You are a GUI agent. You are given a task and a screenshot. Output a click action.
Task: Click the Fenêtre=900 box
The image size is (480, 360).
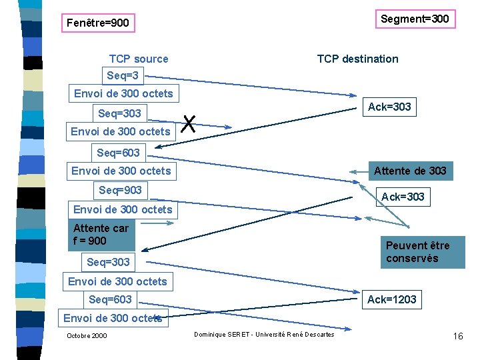[x=98, y=23]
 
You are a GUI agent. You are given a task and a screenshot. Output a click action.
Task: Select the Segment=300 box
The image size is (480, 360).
[x=415, y=19]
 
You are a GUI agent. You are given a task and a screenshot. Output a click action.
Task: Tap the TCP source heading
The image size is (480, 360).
[x=139, y=59]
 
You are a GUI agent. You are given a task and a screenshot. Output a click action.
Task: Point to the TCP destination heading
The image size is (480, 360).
[x=357, y=59]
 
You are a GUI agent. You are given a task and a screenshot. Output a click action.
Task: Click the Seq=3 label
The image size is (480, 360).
[x=122, y=75]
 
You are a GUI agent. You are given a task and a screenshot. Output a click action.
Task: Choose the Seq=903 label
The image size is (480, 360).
[x=120, y=190]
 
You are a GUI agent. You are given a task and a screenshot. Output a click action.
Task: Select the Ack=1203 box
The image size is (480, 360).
[x=391, y=299]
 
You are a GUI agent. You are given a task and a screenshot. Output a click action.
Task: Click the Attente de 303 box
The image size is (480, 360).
[x=410, y=171]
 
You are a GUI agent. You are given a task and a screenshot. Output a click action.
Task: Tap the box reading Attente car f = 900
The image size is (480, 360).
[x=101, y=234]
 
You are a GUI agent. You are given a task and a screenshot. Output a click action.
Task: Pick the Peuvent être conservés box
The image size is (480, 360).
[x=422, y=251]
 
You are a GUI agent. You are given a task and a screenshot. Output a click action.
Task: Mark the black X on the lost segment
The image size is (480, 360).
[x=189, y=123]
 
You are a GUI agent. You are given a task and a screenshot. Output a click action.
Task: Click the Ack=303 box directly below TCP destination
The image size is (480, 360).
[x=389, y=107]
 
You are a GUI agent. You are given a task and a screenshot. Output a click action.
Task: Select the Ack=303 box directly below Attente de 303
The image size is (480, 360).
[x=403, y=197]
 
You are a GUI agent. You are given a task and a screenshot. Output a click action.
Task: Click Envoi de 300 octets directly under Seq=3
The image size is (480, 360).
[x=123, y=93]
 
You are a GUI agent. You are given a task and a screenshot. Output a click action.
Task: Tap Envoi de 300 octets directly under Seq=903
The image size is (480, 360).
[x=123, y=209]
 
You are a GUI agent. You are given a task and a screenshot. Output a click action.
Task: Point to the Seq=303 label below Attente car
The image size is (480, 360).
[x=108, y=262]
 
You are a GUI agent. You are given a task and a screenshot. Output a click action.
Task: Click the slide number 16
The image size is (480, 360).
[x=458, y=336]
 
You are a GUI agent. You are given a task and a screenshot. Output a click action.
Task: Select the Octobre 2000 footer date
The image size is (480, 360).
[x=87, y=335]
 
